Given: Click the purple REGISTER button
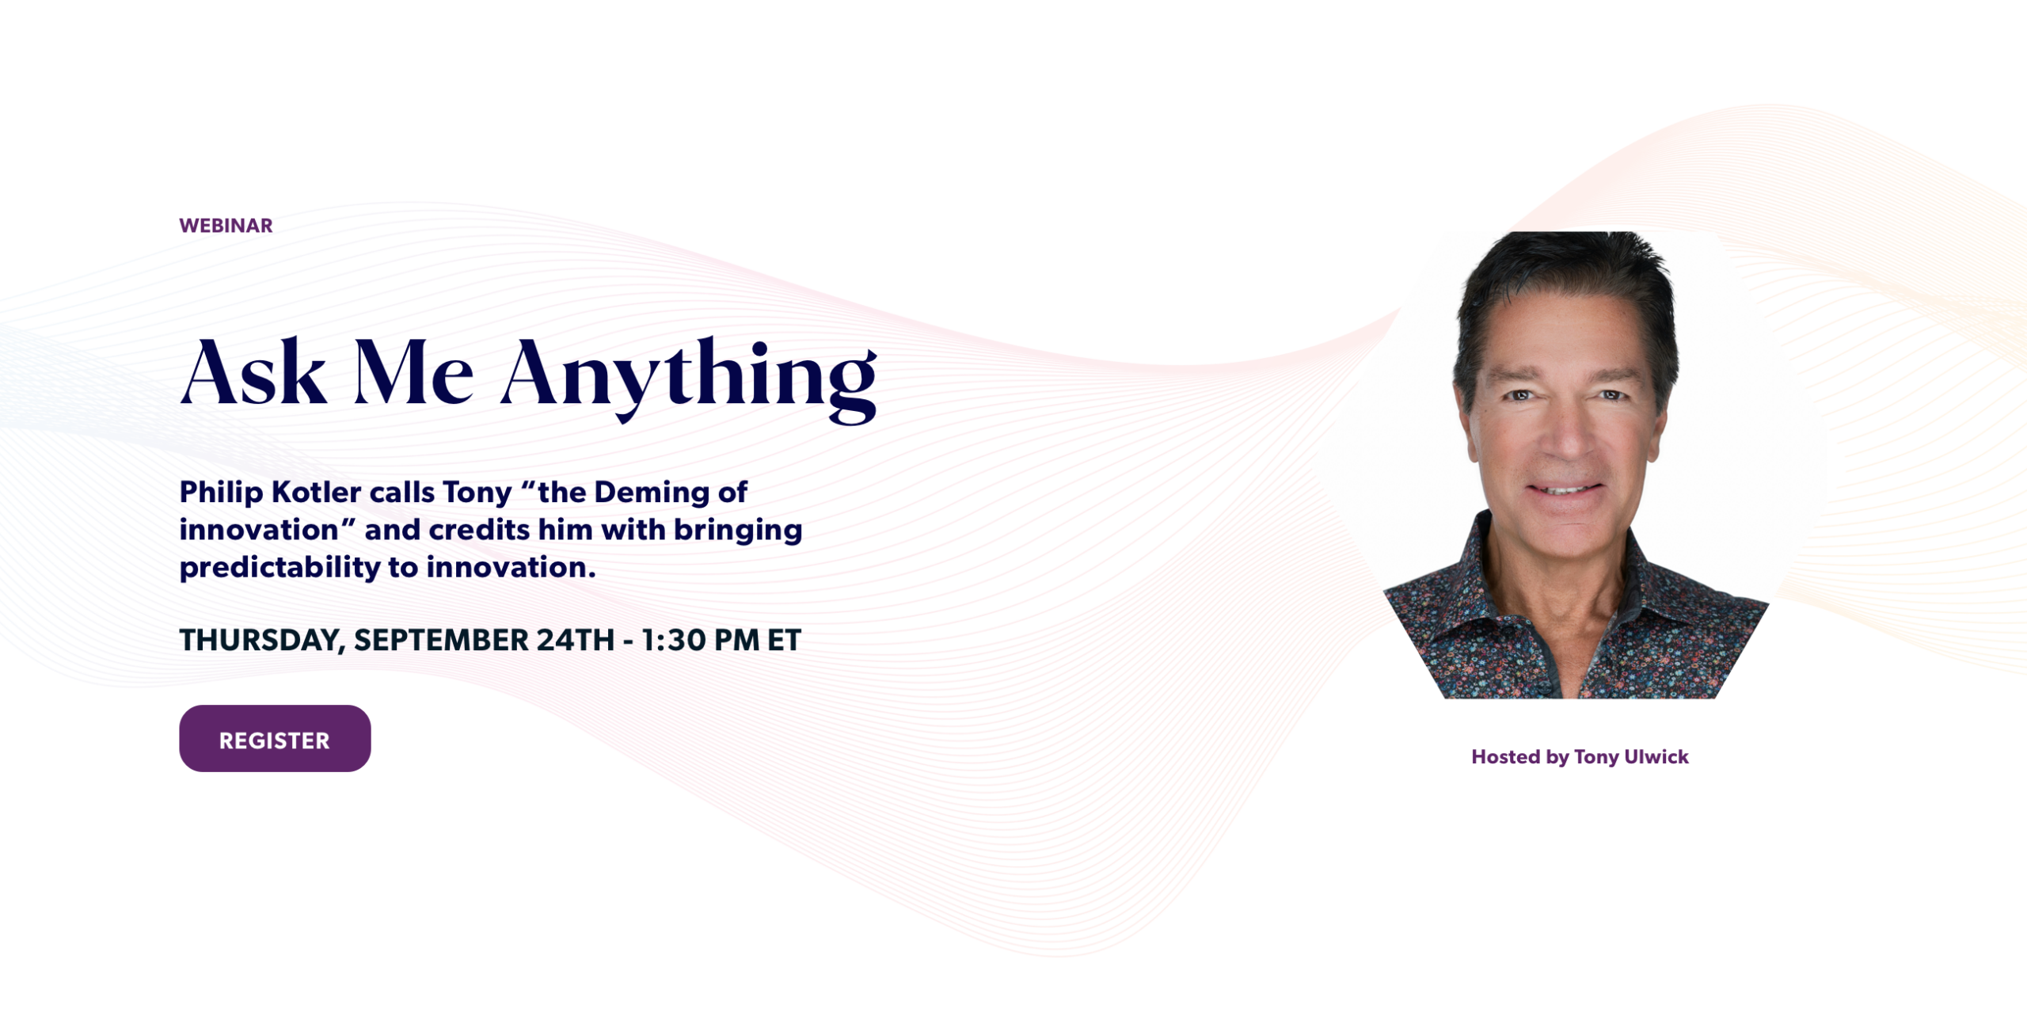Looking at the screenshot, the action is tap(275, 738).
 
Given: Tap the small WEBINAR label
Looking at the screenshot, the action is tap(226, 226).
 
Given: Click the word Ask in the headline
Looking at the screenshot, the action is tap(253, 373).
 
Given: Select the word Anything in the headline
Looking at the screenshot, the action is tap(689, 379).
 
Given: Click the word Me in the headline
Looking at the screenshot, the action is tap(413, 373).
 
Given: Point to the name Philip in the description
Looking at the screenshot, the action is tap(221, 493).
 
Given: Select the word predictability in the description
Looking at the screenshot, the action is tap(280, 568).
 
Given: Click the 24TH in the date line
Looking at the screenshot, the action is tap(576, 640).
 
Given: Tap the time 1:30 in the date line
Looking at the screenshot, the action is tap(673, 640).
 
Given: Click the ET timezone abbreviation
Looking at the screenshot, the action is tap(784, 640).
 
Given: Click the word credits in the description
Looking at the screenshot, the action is tap(479, 530).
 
